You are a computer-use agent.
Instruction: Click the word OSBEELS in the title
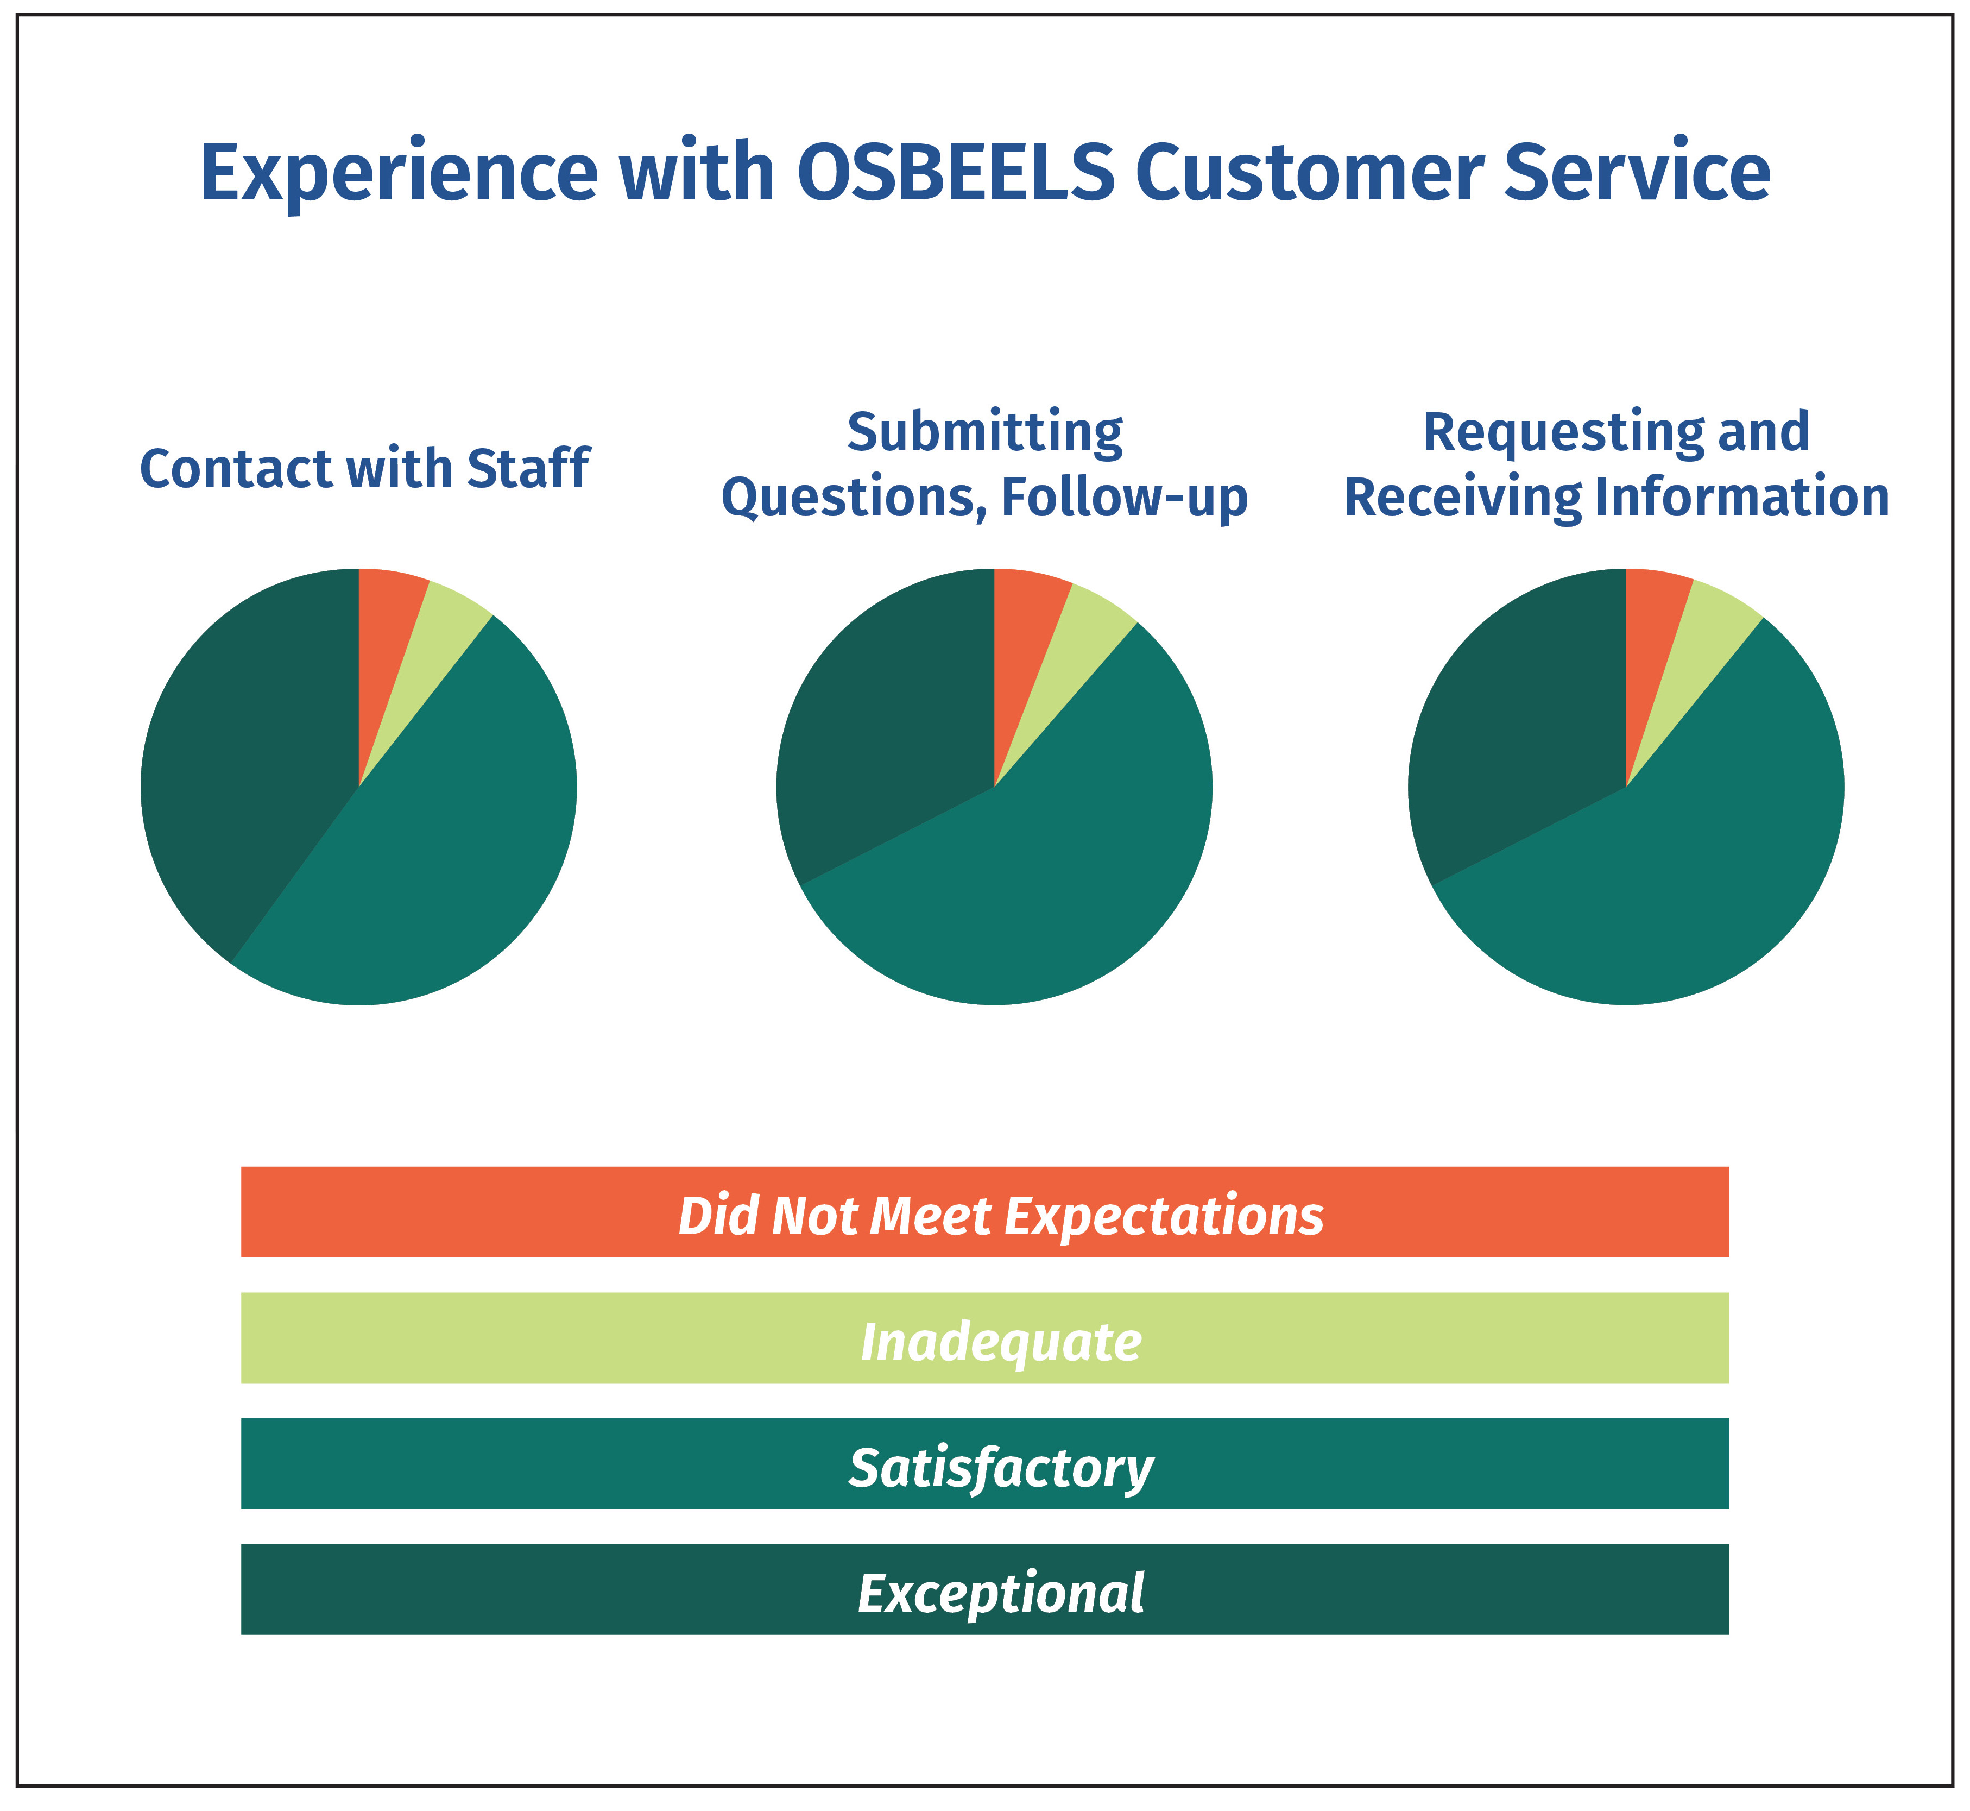pyautogui.click(x=955, y=173)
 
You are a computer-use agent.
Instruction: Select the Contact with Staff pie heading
pyautogui.click(x=364, y=468)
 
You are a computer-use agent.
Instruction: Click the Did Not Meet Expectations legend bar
pyautogui.click(x=984, y=1212)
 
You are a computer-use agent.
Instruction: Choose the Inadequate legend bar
pyautogui.click(x=984, y=1338)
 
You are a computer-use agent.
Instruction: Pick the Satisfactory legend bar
pyautogui.click(x=984, y=1463)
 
